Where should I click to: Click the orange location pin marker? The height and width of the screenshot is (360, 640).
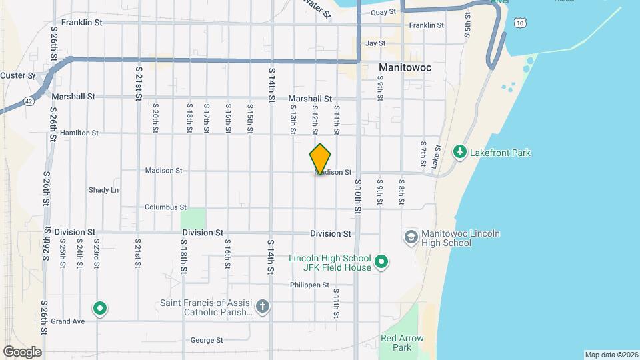tap(321, 159)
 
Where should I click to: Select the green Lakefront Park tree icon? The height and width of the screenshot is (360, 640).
tap(459, 153)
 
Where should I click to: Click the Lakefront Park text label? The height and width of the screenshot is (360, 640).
tap(500, 153)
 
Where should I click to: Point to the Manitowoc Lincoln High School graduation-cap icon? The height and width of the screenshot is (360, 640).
tap(411, 237)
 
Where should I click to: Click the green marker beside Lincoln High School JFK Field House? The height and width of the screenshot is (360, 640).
tap(381, 262)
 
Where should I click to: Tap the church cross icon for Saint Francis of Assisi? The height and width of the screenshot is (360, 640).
tap(263, 307)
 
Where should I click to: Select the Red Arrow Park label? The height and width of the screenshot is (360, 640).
tap(402, 343)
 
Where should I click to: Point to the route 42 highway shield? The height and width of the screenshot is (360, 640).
tap(29, 101)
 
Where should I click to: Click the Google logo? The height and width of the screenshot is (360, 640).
tap(21, 351)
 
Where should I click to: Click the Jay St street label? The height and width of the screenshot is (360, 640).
tap(376, 43)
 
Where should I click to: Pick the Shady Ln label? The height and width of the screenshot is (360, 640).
tap(103, 190)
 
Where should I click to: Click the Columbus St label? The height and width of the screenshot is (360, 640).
tap(165, 207)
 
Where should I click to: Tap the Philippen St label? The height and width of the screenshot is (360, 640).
tap(309, 285)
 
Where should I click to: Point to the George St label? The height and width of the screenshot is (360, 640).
tap(207, 340)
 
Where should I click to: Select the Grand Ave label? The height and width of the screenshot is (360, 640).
tap(68, 321)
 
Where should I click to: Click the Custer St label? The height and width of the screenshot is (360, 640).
tap(17, 75)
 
